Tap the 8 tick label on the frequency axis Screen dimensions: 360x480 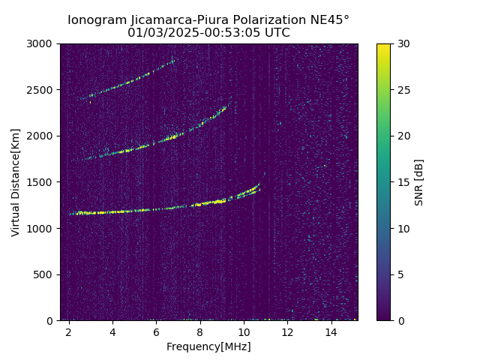pos(200,332)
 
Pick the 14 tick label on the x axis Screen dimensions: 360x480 pos(331,332)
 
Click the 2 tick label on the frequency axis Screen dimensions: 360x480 pos(69,332)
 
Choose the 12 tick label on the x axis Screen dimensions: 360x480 pos(287,332)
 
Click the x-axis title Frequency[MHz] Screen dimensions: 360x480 pos(208,346)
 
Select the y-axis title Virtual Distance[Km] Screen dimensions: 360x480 pos(16,182)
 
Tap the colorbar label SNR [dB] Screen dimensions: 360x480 pos(419,182)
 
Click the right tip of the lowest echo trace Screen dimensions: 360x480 pos(259,184)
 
